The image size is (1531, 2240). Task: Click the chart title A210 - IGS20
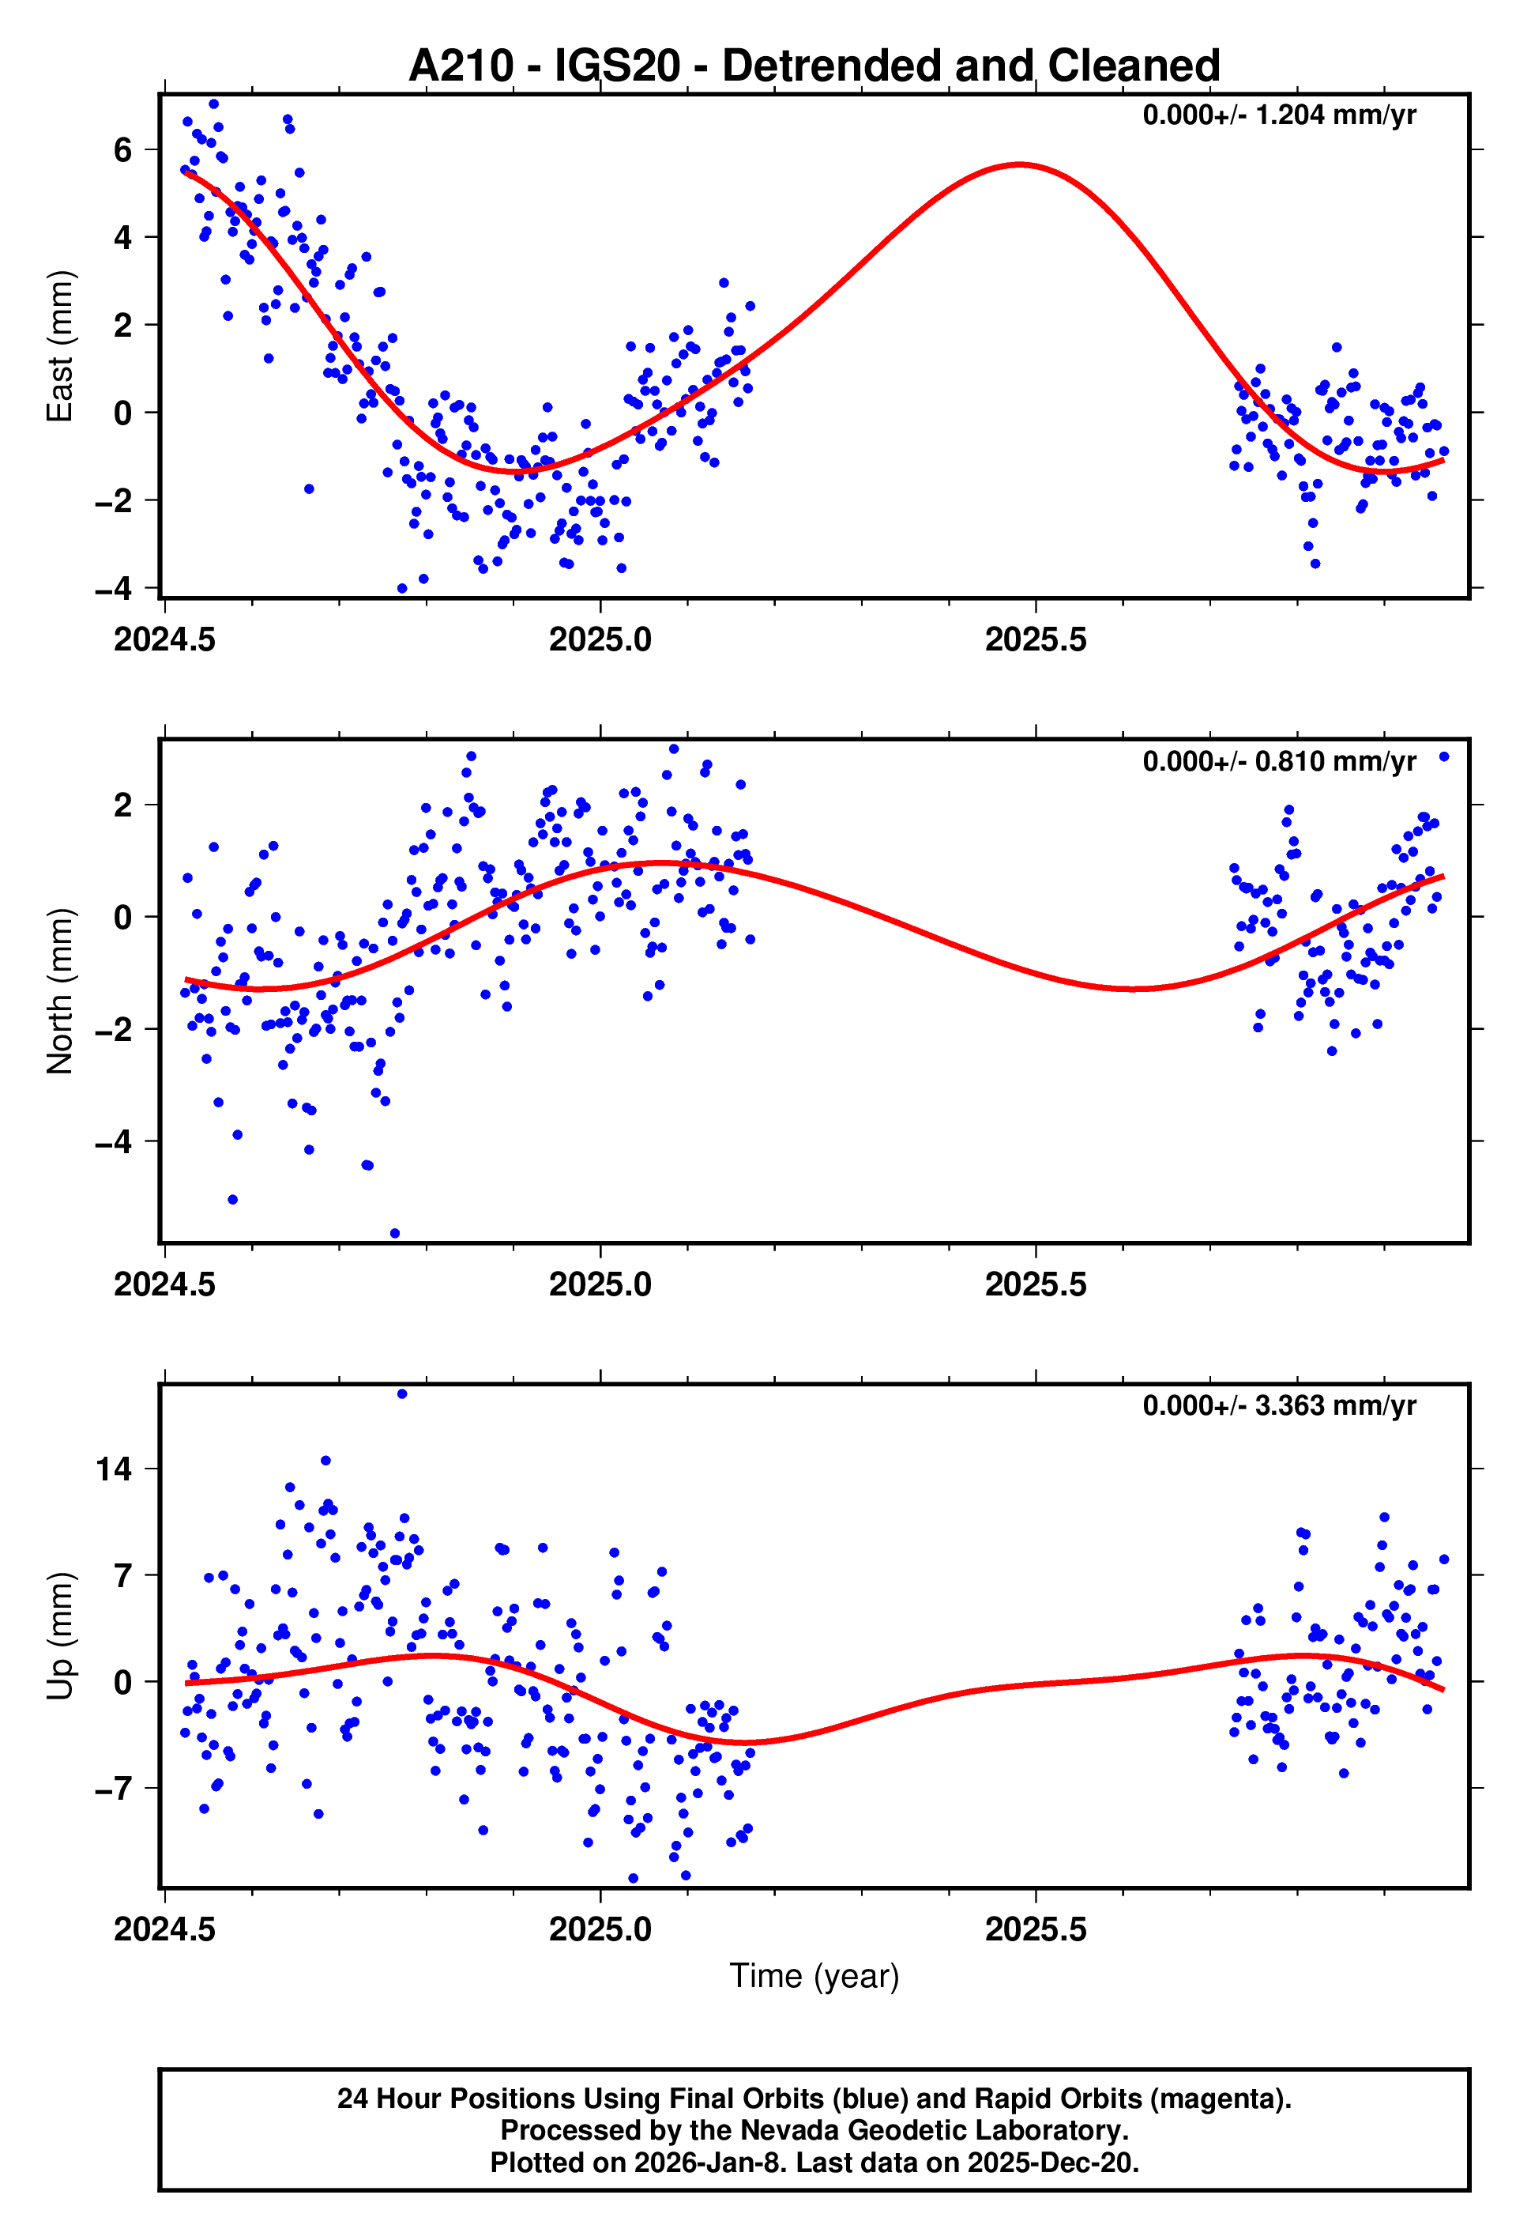pos(814,66)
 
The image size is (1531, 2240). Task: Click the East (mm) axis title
pos(60,346)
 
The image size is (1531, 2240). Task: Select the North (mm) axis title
pos(60,991)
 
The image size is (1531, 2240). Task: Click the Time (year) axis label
pos(814,1976)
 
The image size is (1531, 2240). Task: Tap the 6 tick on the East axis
pos(122,149)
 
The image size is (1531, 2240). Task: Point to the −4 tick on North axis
pos(114,1142)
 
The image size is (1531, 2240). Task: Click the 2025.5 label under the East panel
pos(1036,640)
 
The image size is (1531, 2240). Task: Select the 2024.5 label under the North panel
pos(165,1285)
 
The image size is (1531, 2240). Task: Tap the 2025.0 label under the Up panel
pos(600,1929)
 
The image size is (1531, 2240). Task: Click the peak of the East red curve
pos(1021,165)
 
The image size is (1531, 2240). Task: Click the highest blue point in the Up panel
pos(402,1393)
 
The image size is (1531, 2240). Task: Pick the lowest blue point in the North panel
pos(394,1234)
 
